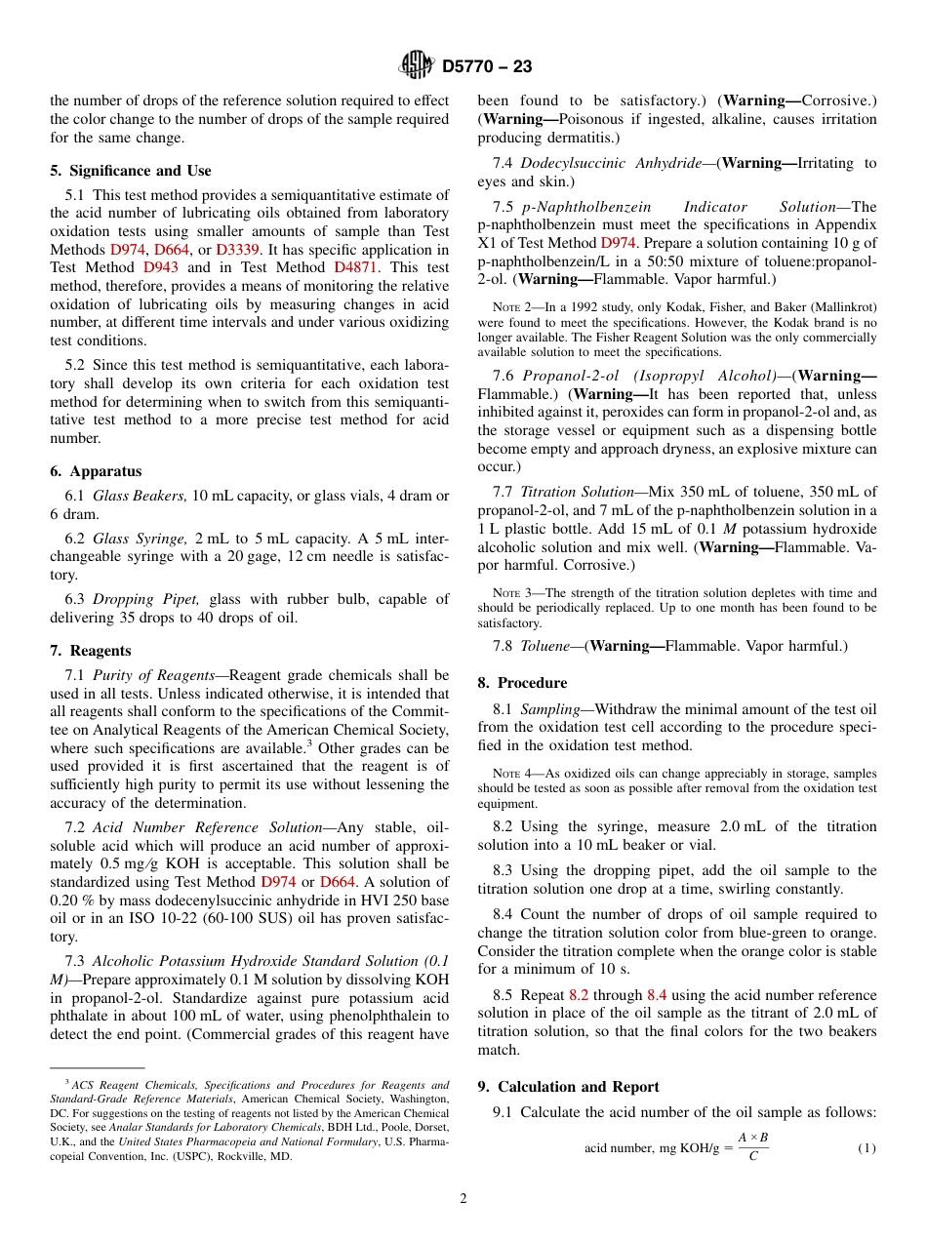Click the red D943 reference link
coord(160,267)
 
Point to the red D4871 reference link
coord(352,267)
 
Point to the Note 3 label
coord(510,592)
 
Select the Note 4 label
coord(510,773)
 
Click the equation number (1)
coord(867,1148)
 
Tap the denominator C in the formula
coord(752,1157)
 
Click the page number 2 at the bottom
coord(463,1199)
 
